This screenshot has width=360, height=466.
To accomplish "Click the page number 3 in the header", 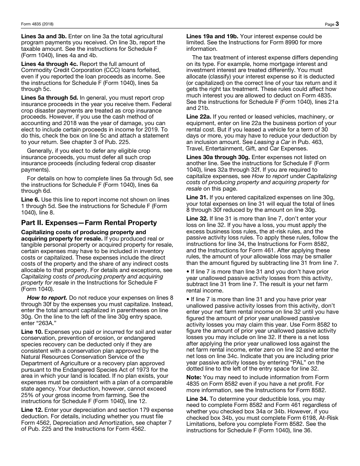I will tap(337, 24).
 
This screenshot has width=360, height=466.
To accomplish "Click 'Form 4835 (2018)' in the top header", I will tap(37, 24).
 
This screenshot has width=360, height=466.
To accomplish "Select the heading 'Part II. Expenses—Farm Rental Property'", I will tap(89, 223).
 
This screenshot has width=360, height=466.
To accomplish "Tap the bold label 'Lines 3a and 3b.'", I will tap(44, 36).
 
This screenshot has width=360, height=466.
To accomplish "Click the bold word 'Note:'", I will tap(194, 377).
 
